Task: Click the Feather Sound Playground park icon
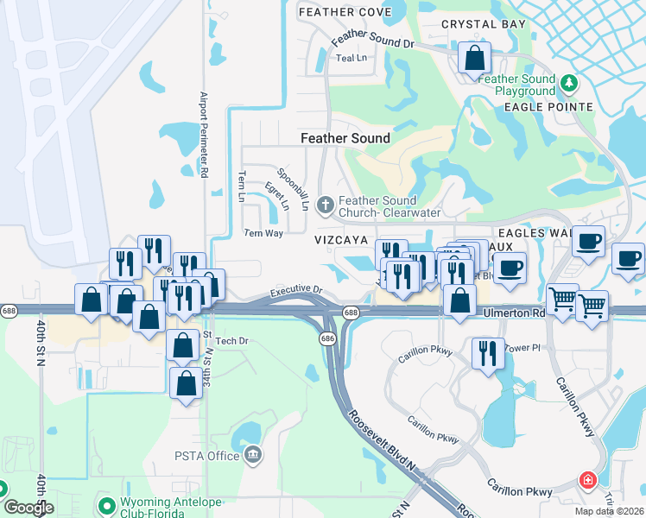click(x=568, y=84)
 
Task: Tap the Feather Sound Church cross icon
click(x=325, y=205)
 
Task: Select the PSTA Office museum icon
click(x=253, y=455)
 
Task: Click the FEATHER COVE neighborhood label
click(x=344, y=12)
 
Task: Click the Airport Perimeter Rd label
click(x=204, y=135)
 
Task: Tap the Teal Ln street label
click(x=351, y=58)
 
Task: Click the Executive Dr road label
click(x=295, y=293)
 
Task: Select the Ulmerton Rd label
click(x=514, y=313)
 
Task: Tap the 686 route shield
click(x=328, y=340)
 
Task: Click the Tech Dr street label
click(x=231, y=341)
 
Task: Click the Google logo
click(x=28, y=508)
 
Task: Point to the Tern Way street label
click(x=263, y=233)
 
